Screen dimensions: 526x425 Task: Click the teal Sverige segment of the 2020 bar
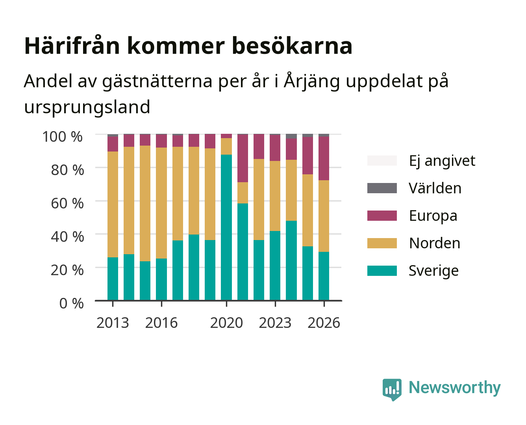pyautogui.click(x=226, y=227)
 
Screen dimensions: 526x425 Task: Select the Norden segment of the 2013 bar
pyautogui.click(x=113, y=204)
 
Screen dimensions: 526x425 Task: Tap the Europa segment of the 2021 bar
pyautogui.click(x=243, y=158)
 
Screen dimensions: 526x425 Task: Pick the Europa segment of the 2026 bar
pyautogui.click(x=324, y=159)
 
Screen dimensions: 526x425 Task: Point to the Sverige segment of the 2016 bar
pyautogui.click(x=161, y=279)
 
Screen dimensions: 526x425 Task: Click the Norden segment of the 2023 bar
pyautogui.click(x=275, y=196)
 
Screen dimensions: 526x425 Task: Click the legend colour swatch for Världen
pyautogui.click(x=382, y=188)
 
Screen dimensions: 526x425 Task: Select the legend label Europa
pyautogui.click(x=433, y=216)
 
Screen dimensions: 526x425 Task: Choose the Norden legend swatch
pyautogui.click(x=382, y=243)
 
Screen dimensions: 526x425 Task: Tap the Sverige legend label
pyautogui.click(x=433, y=271)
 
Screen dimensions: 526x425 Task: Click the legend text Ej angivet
pyautogui.click(x=442, y=161)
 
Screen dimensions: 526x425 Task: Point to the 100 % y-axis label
pyautogui.click(x=63, y=137)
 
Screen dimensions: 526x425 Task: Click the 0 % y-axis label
pyautogui.click(x=71, y=303)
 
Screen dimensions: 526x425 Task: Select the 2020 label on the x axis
pyautogui.click(x=226, y=323)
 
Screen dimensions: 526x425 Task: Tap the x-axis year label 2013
pyautogui.click(x=113, y=323)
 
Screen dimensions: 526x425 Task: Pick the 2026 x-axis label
pyautogui.click(x=324, y=323)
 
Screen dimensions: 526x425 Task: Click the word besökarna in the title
pyautogui.click(x=292, y=46)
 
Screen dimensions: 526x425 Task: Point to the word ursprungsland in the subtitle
pyautogui.click(x=87, y=107)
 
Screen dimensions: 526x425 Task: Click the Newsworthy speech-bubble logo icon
pyautogui.click(x=392, y=390)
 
